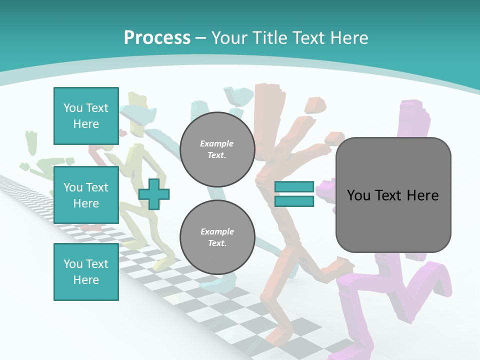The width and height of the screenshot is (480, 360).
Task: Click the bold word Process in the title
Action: click(x=157, y=37)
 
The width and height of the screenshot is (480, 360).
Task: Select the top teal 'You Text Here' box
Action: click(x=86, y=116)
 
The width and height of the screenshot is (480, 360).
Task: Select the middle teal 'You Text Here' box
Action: click(x=86, y=195)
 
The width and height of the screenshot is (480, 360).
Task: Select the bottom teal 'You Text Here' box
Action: click(x=86, y=272)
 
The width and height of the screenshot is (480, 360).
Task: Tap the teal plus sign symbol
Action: click(x=154, y=194)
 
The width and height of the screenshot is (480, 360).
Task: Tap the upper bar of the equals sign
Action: click(x=294, y=187)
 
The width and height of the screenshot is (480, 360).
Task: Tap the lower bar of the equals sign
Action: click(x=294, y=201)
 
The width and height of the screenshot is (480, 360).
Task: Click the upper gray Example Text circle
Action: click(x=217, y=149)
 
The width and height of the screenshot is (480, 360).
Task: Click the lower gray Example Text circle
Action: click(x=217, y=237)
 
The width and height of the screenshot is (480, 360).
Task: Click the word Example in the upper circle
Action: click(x=217, y=143)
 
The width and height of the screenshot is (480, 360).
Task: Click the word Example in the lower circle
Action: click(x=217, y=231)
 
